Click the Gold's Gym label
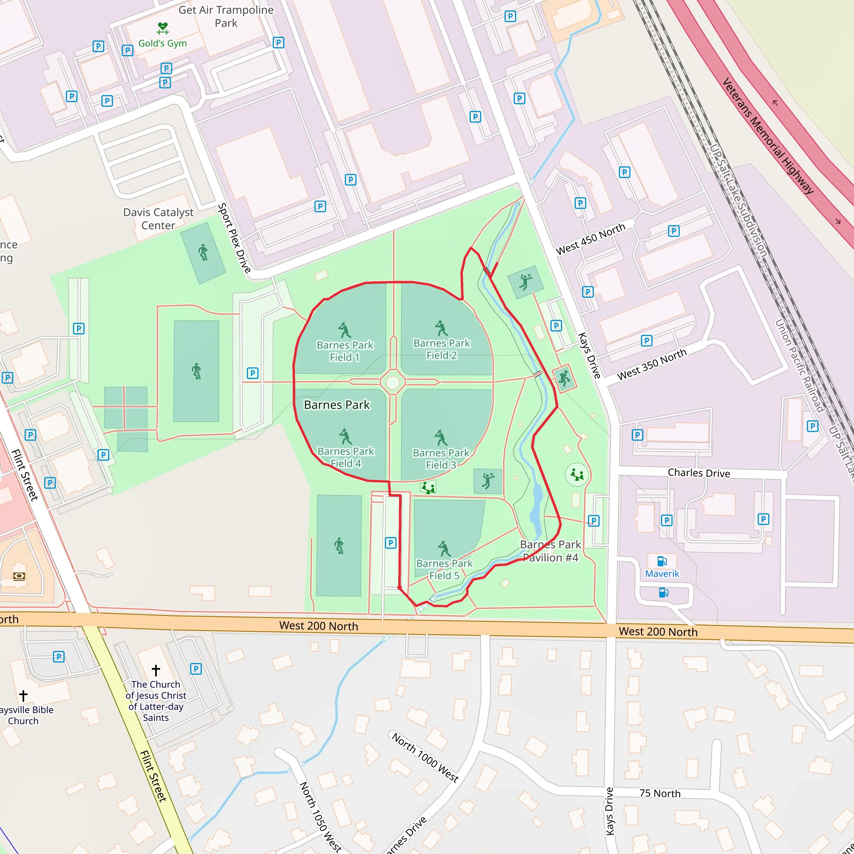[x=162, y=43]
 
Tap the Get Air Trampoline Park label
[x=226, y=16]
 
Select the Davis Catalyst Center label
[x=158, y=219]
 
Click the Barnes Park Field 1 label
[x=345, y=351]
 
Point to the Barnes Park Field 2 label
[x=442, y=349]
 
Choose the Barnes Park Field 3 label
[x=441, y=459]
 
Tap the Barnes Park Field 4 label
[x=346, y=457]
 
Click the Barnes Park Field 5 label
[x=444, y=569]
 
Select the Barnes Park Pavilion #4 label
[x=550, y=551]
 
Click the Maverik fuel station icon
[x=662, y=561]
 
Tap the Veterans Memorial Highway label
[x=768, y=136]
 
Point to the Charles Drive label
[x=699, y=473]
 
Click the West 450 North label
[x=590, y=239]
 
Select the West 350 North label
[x=652, y=364]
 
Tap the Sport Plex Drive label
[x=234, y=238]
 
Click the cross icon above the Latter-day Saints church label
[x=156, y=670]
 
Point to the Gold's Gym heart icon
[x=163, y=28]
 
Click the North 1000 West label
[x=425, y=758]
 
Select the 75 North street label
[x=660, y=794]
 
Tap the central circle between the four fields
[x=393, y=382]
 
